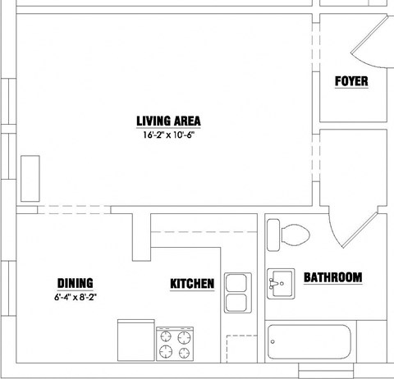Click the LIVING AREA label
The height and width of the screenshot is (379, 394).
point(168,121)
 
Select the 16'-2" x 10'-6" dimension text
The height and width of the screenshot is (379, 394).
point(168,135)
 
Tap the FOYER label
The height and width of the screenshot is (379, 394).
point(351,81)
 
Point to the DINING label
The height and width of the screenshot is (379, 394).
point(76,283)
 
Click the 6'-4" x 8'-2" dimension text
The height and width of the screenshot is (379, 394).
point(76,297)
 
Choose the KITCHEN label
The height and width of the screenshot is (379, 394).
point(192,284)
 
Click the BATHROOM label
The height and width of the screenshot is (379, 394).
point(333,277)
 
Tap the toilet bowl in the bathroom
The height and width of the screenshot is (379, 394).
point(295,235)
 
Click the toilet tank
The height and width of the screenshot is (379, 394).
point(273,235)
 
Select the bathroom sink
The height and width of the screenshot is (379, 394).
point(281,284)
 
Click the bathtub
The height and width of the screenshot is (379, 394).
point(309,342)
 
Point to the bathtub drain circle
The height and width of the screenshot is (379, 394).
point(273,342)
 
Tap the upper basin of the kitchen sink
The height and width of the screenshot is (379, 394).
point(236,283)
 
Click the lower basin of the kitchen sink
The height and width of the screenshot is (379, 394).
point(236,303)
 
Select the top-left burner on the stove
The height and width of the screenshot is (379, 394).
point(166,336)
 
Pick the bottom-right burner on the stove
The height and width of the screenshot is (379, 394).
point(184,353)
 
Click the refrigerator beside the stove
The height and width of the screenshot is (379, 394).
point(136,340)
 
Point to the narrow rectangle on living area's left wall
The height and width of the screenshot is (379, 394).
point(30,179)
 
